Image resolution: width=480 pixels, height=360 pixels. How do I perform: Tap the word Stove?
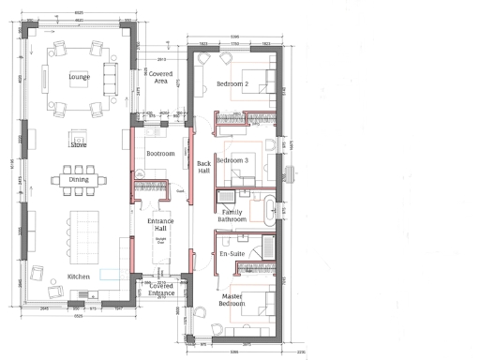pyautogui.click(x=79, y=145)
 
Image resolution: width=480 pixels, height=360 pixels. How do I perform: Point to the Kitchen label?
pyautogui.click(x=80, y=278)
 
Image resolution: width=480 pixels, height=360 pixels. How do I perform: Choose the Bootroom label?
pyautogui.click(x=160, y=153)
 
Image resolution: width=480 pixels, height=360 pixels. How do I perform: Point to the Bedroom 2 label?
pyautogui.click(x=232, y=84)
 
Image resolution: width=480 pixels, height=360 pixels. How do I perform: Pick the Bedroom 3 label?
pyautogui.click(x=232, y=160)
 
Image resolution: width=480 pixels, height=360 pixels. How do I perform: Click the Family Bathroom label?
pyautogui.click(x=233, y=217)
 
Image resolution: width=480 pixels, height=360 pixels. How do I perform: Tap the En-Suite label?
pyautogui.click(x=231, y=254)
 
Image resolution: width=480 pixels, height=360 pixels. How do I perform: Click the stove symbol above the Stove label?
pyautogui.click(x=79, y=133)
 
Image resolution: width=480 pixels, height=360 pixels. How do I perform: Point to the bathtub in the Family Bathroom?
pyautogui.click(x=269, y=209)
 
